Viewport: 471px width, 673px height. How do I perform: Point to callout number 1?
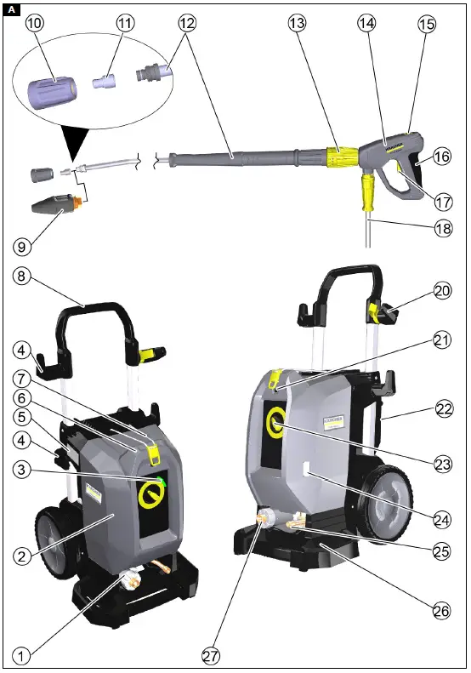pos(22,655)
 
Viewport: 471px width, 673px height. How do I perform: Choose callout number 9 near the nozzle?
pos(23,247)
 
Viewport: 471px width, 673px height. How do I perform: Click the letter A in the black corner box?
pos(10,9)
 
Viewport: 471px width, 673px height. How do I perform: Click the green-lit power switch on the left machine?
pos(156,488)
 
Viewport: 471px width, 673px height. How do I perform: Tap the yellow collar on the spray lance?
pos(342,155)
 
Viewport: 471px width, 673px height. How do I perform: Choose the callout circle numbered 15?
pos(426,24)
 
